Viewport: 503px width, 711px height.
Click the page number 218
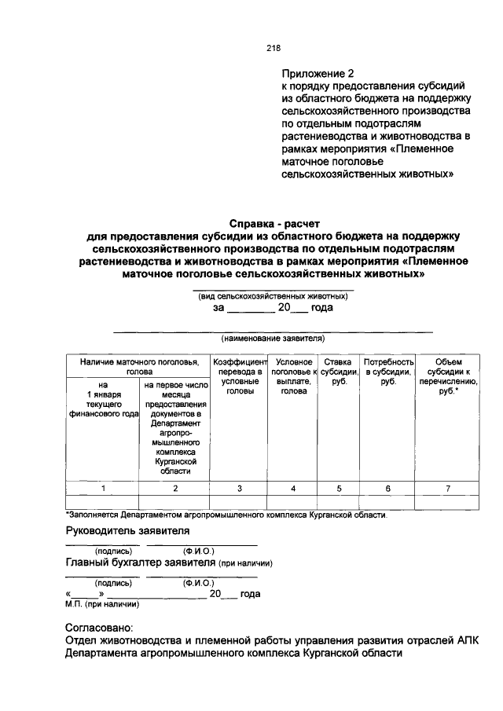(x=274, y=47)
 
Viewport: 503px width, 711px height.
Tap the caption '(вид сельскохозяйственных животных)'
(x=274, y=295)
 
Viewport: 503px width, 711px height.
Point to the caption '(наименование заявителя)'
(x=274, y=339)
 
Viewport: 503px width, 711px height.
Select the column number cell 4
(x=293, y=488)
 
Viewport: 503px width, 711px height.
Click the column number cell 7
(x=448, y=488)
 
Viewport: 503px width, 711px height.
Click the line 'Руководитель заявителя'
(x=127, y=530)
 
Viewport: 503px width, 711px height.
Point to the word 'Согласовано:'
(x=99, y=629)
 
